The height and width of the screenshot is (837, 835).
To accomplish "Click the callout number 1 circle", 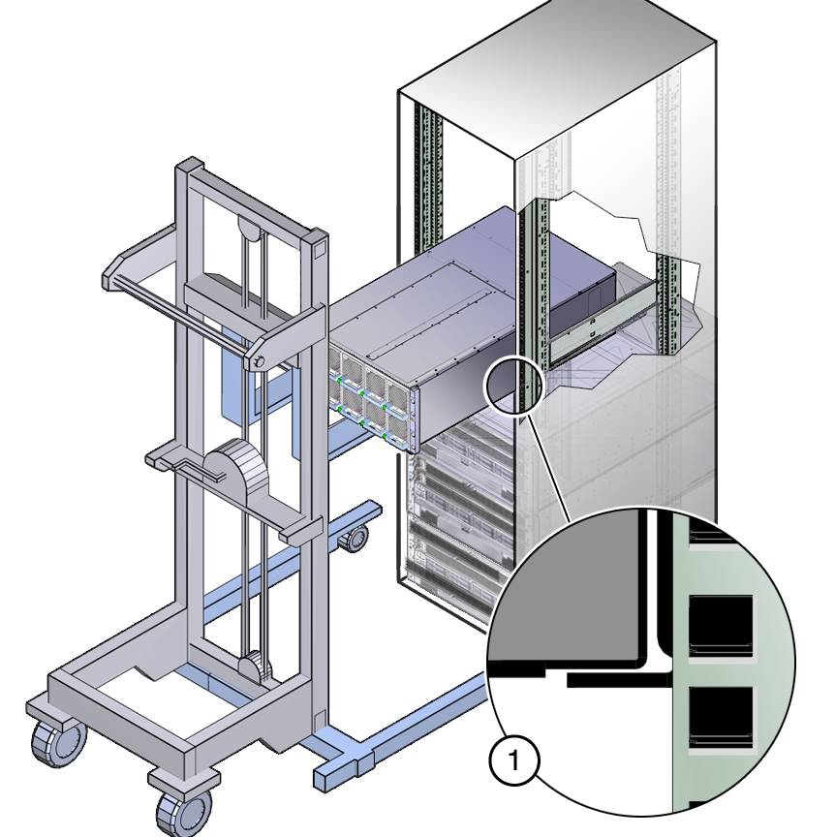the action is (514, 760).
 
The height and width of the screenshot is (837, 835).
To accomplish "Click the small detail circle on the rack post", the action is (513, 385).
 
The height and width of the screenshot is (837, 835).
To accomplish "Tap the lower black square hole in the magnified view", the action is (721, 716).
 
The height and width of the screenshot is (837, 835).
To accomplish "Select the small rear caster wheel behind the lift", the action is (354, 538).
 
